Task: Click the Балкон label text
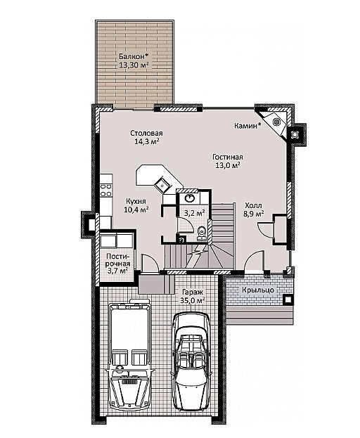pos(133,56)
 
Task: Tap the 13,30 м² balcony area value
pos(134,65)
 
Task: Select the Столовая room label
pos(146,134)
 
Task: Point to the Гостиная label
pos(227,157)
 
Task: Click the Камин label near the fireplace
pos(247,126)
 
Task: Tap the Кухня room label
pos(136,201)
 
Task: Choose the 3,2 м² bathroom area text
pos(194,213)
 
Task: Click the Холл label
pos(253,205)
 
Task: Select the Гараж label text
pos(193,292)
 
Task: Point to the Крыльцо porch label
pos(258,290)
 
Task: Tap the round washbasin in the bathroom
pos(190,198)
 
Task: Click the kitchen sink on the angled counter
pos(162,184)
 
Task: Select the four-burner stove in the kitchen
pos(106,190)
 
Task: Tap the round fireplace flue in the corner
pos(276,122)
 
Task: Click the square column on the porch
pos(288,299)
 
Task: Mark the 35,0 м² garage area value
pos(193,301)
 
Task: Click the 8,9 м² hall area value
pos(254,214)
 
